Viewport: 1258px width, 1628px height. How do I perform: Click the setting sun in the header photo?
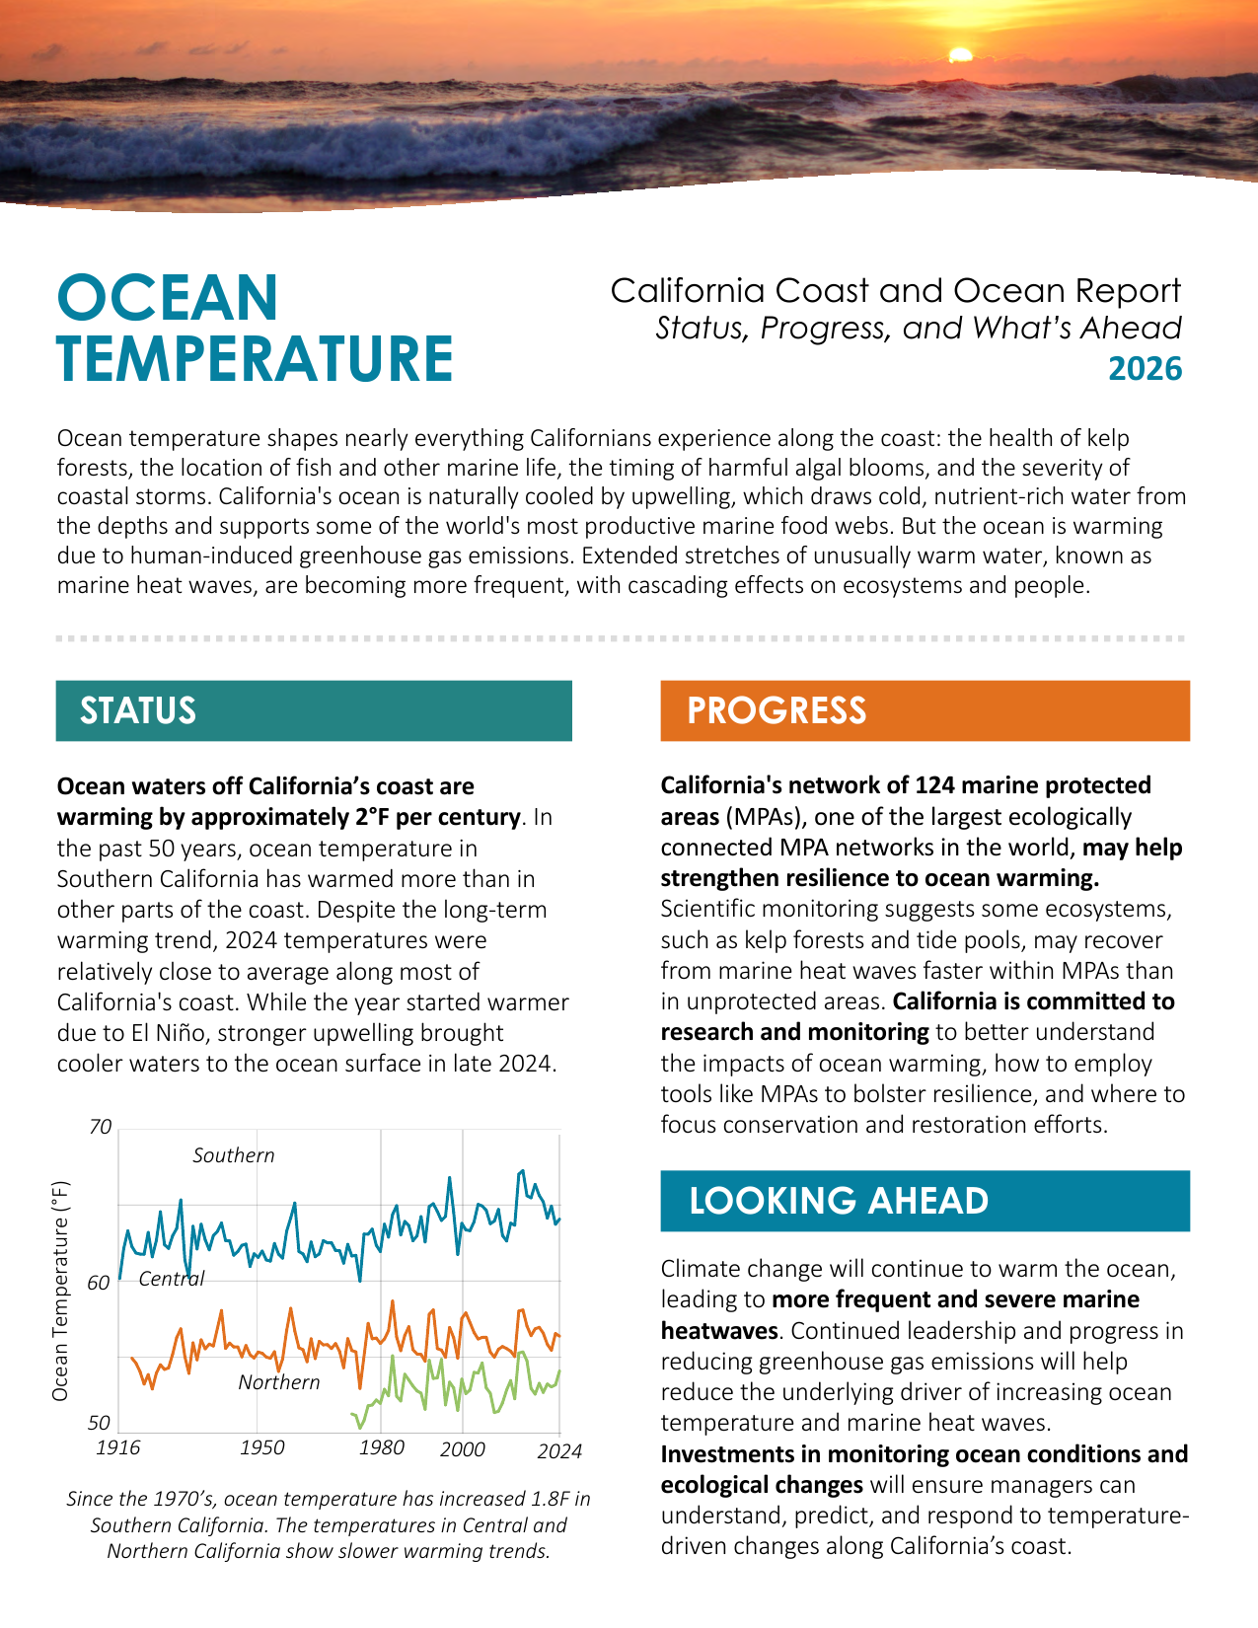point(960,54)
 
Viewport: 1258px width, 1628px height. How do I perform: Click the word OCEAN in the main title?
point(167,298)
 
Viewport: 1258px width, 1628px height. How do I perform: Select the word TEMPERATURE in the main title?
point(255,359)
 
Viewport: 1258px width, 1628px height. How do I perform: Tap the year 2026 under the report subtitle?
point(1145,369)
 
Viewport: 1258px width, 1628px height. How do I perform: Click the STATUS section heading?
point(138,710)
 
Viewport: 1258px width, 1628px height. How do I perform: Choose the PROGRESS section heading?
point(777,710)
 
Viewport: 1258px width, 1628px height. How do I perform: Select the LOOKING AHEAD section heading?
point(839,1200)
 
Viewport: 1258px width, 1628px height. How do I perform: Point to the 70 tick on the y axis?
point(101,1127)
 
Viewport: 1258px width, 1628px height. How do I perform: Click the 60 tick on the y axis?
point(99,1283)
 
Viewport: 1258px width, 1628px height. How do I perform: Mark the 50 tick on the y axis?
point(99,1423)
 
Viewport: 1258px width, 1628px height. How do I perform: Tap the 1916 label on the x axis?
point(117,1446)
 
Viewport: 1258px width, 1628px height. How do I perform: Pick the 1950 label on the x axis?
point(261,1446)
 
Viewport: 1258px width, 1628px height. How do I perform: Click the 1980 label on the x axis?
point(382,1446)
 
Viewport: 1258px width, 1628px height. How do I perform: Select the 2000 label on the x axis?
point(463,1449)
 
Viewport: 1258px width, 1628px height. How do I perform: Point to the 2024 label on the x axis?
point(559,1451)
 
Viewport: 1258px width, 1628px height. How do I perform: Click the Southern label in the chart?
point(234,1155)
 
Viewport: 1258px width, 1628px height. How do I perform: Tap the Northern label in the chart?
point(278,1382)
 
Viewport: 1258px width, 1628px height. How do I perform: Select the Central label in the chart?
point(172,1279)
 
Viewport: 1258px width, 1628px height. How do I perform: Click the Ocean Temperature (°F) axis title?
point(60,1291)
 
